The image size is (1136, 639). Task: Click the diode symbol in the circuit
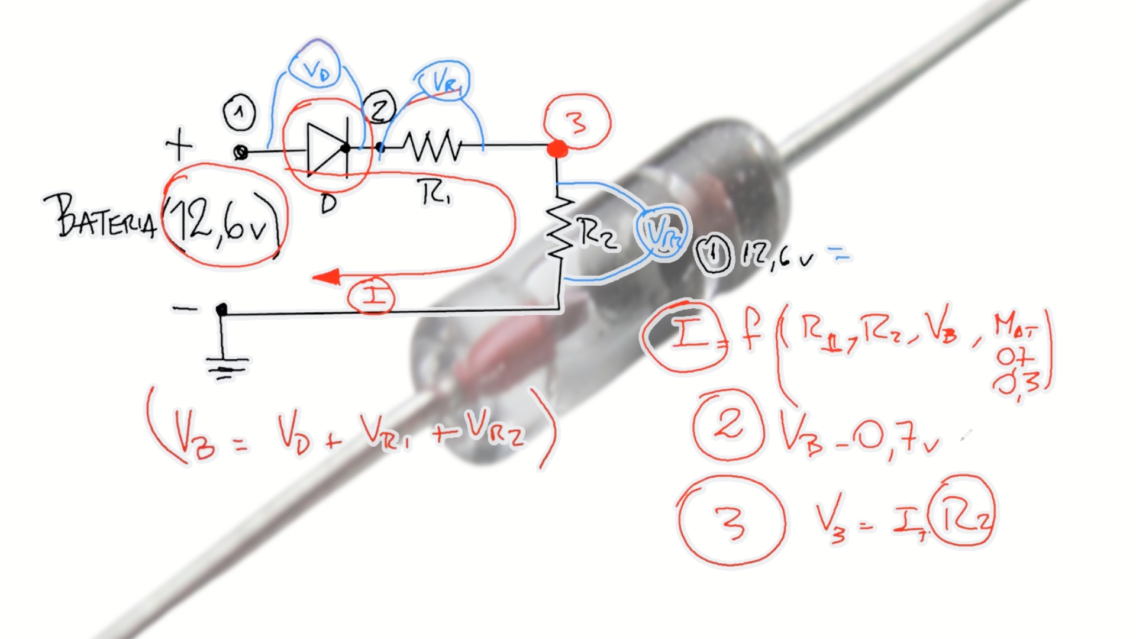(x=327, y=149)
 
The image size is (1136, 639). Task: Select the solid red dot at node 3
(x=557, y=149)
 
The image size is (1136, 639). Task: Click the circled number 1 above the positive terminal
(x=239, y=112)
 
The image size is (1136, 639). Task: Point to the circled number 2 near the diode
(x=380, y=109)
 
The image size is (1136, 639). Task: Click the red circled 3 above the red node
(x=577, y=121)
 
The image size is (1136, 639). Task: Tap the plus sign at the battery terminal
(x=179, y=144)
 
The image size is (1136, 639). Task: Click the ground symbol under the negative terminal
(x=227, y=367)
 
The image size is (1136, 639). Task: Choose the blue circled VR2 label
(x=661, y=232)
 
